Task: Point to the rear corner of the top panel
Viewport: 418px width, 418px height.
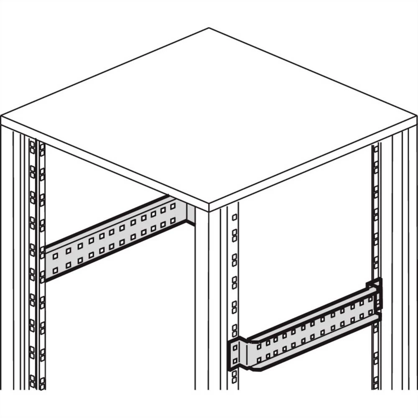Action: (x=209, y=28)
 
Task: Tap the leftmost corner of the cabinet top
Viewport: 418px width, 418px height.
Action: (x=2, y=117)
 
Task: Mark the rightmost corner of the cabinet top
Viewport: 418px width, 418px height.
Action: (x=416, y=118)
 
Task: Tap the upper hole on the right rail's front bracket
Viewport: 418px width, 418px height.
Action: (x=234, y=346)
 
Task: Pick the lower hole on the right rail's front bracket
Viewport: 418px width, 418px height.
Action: (x=234, y=361)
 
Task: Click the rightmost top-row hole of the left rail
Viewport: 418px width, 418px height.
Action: (x=173, y=206)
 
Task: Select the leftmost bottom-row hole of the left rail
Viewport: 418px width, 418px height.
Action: (x=55, y=270)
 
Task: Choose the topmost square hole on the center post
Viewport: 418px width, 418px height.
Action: (x=234, y=217)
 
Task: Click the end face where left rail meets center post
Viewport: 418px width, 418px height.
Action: (x=191, y=214)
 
